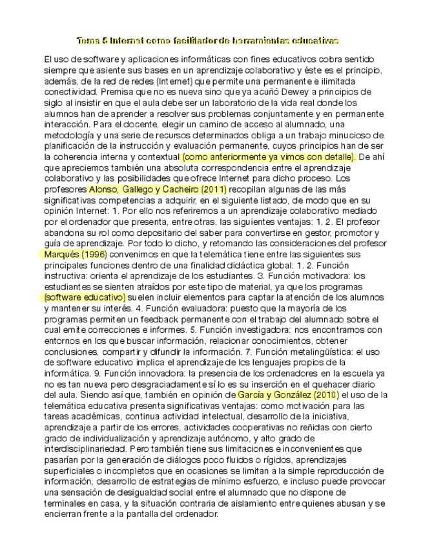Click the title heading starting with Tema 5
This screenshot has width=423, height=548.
pos(208,40)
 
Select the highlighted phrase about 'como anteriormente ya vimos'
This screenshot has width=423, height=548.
pos(268,156)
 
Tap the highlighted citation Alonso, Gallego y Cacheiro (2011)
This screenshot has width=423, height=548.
pos(157,189)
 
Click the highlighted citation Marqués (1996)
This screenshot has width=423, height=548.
pos(75,255)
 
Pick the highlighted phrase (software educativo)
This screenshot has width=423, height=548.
pos(85,297)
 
